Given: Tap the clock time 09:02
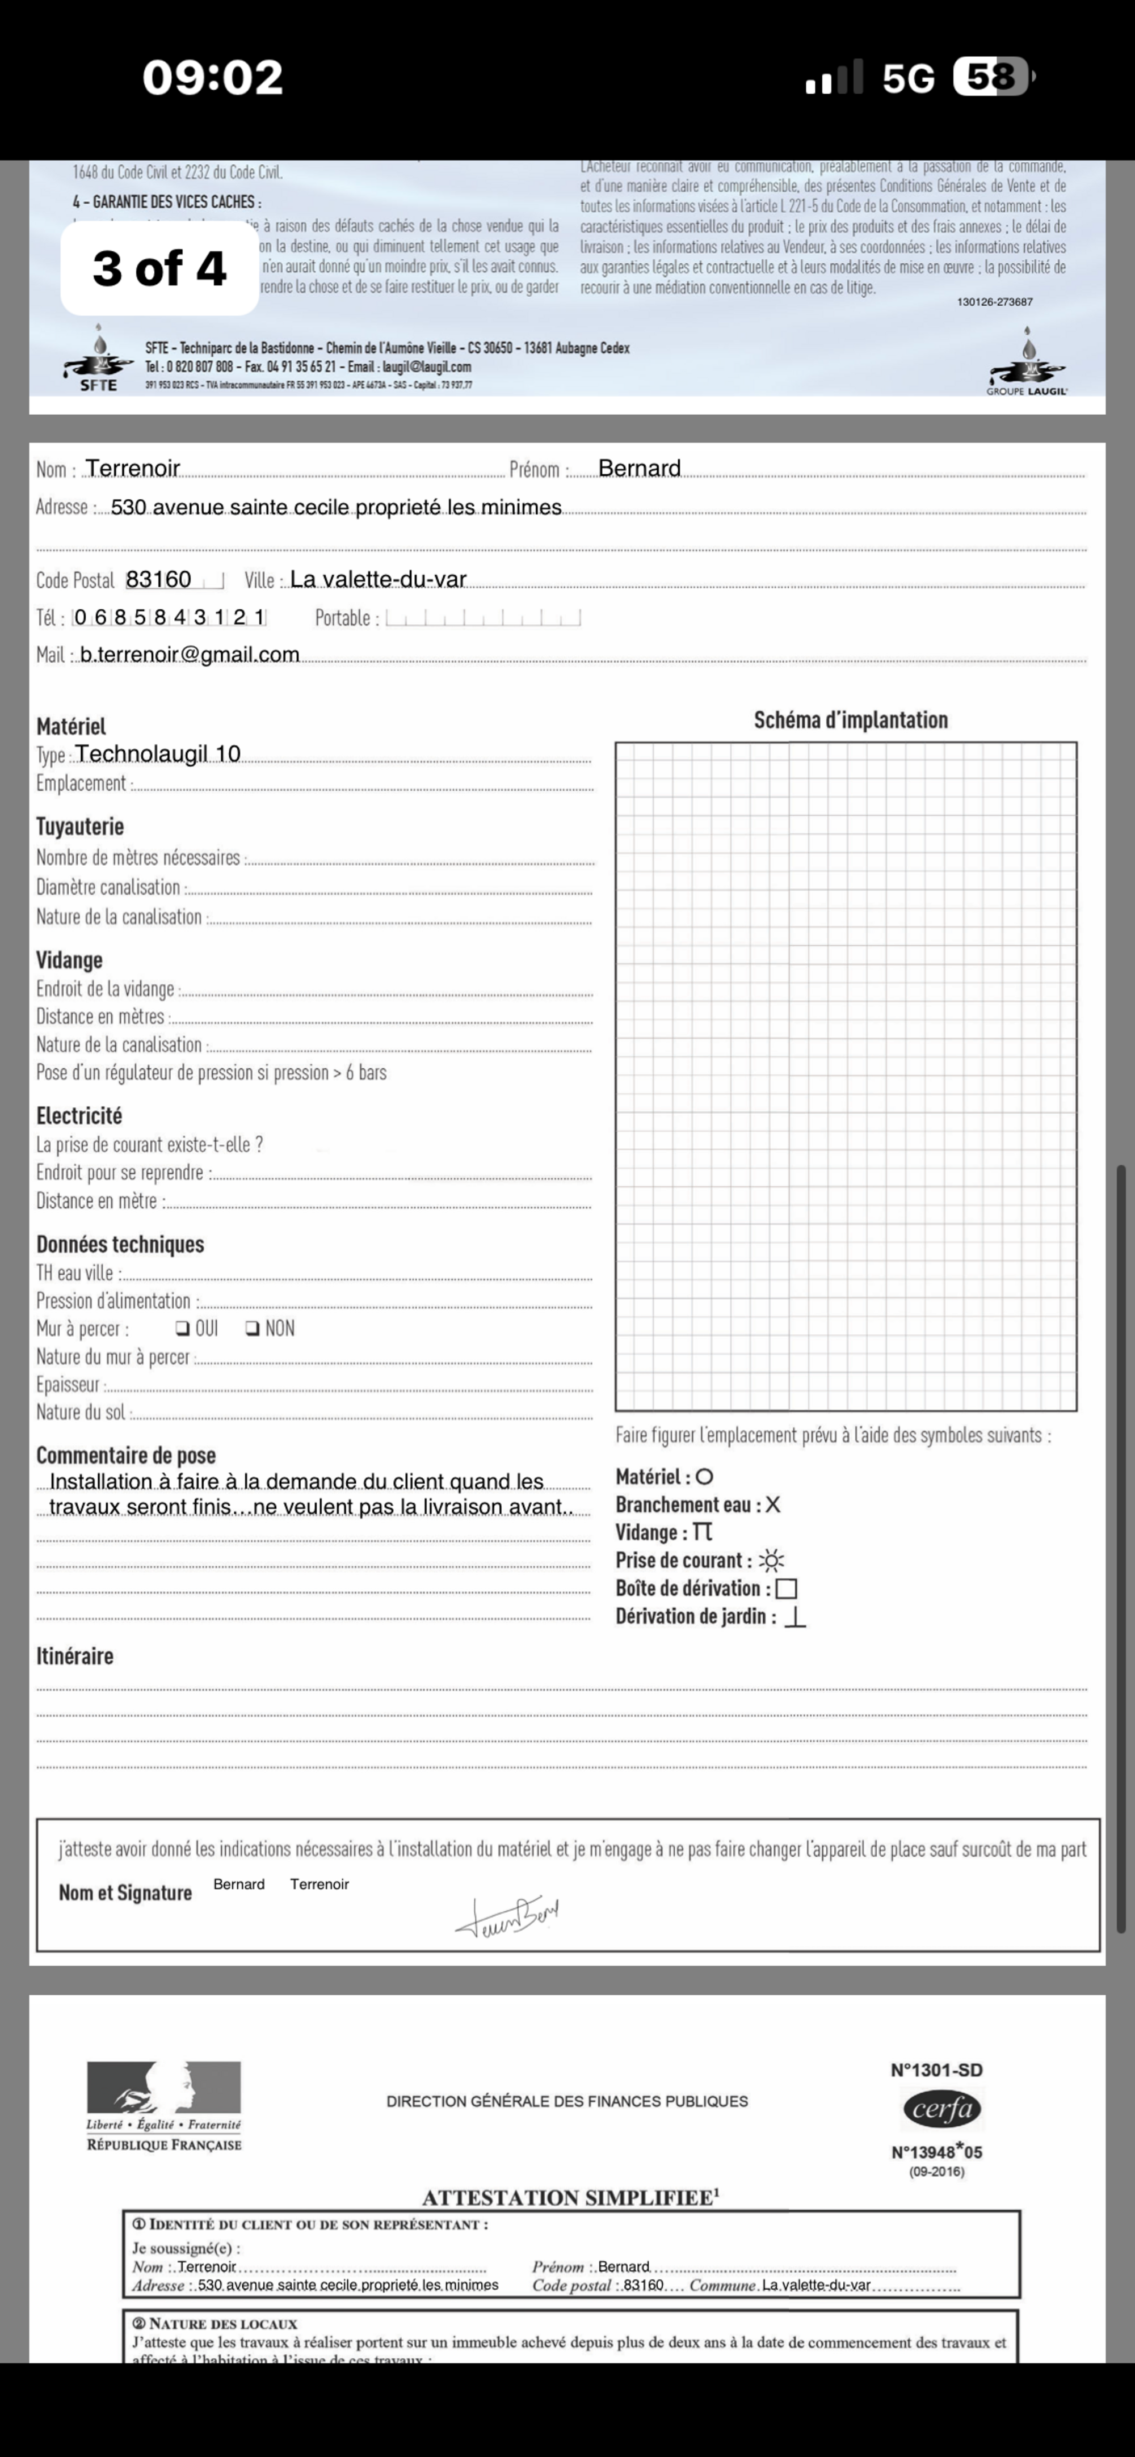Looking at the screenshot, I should [x=213, y=77].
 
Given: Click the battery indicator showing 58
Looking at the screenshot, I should [x=992, y=77].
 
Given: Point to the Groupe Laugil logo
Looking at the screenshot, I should [x=1027, y=363].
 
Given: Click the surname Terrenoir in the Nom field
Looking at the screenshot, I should [x=133, y=469].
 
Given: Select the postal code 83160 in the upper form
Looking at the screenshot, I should [x=158, y=579].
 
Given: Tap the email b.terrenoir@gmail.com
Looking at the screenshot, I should [x=190, y=654].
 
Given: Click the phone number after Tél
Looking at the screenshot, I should [x=169, y=617].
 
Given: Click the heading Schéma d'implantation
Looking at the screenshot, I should [x=851, y=720].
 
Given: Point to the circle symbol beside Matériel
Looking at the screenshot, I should [x=705, y=1477].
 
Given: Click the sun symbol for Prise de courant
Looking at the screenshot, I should [x=772, y=1561].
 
